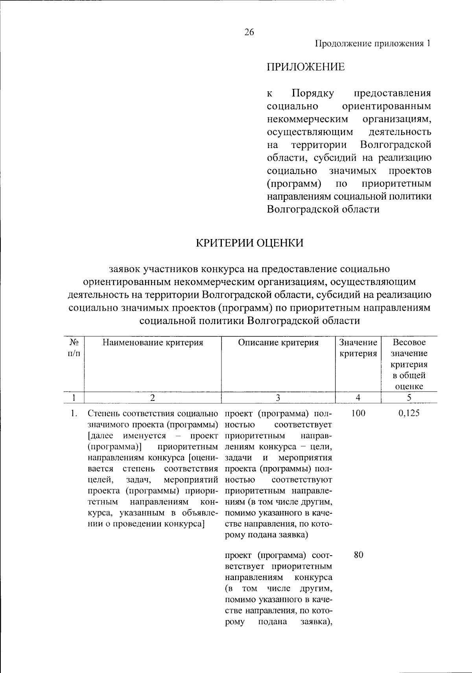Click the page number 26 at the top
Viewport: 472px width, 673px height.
pyautogui.click(x=249, y=32)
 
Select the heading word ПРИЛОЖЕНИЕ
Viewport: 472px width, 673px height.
pyautogui.click(x=306, y=67)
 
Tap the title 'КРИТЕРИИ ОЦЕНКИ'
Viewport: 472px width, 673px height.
pyautogui.click(x=250, y=243)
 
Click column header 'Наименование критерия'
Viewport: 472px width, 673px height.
pyautogui.click(x=153, y=343)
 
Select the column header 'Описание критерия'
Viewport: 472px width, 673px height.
pyautogui.click(x=278, y=343)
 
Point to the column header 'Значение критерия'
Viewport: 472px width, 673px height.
pyautogui.click(x=358, y=348)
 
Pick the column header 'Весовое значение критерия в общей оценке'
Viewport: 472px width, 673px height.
pyautogui.click(x=409, y=364)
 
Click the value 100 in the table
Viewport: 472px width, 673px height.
pyautogui.click(x=358, y=413)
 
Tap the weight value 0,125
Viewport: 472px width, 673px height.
pyautogui.click(x=409, y=413)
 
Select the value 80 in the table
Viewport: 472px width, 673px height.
pyautogui.click(x=358, y=555)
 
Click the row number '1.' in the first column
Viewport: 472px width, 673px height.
pyautogui.click(x=73, y=413)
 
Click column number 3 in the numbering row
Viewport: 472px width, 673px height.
pyautogui.click(x=278, y=398)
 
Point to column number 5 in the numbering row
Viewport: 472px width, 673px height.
pyautogui.click(x=409, y=398)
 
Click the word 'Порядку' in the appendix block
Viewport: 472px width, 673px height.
pyautogui.click(x=313, y=94)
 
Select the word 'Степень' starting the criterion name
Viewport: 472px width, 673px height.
pyautogui.click(x=104, y=413)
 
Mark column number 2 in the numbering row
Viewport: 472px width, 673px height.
pyautogui.click(x=153, y=398)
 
